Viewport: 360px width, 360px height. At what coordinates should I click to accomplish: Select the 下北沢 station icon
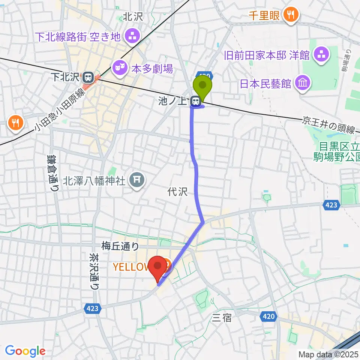pos(88,78)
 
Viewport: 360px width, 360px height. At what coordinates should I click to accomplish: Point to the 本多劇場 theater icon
pos(119,68)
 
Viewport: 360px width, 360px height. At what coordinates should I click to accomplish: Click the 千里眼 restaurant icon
pos(291,15)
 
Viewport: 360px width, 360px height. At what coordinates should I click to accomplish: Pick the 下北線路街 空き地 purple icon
pos(132,36)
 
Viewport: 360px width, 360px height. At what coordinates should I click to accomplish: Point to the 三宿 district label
pos(222,318)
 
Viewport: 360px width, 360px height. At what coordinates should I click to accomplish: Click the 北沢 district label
pos(133,16)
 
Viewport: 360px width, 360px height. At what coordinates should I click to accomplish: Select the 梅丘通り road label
pos(120,246)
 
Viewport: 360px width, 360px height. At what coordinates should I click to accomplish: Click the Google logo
pos(25,351)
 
